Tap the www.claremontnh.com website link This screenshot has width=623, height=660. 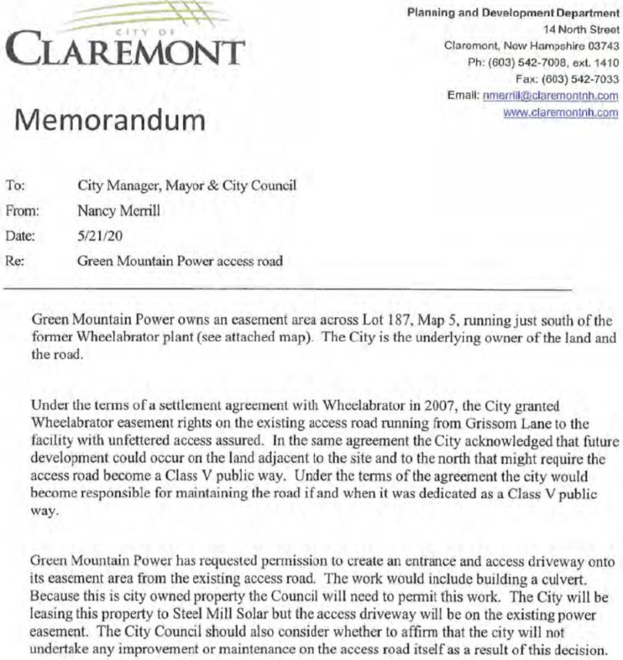[x=561, y=112]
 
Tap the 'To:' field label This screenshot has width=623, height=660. [x=15, y=186]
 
